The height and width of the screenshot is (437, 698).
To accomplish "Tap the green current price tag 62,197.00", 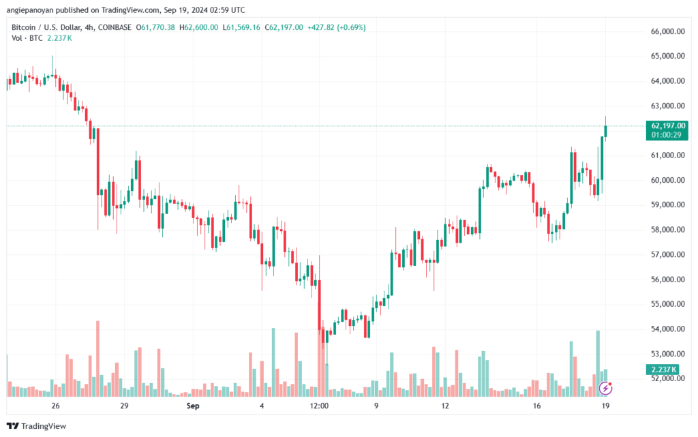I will click(x=663, y=125).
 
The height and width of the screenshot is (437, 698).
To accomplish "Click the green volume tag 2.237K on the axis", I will click(x=660, y=370).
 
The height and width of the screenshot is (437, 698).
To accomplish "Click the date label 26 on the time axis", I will click(x=56, y=406).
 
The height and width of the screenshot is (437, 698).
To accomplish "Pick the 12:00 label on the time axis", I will click(x=319, y=406).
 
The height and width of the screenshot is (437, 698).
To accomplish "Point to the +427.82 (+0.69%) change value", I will click(x=337, y=27).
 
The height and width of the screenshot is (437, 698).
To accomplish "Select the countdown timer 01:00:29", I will click(x=663, y=135).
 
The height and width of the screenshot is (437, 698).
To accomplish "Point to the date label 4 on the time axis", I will click(x=262, y=406).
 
